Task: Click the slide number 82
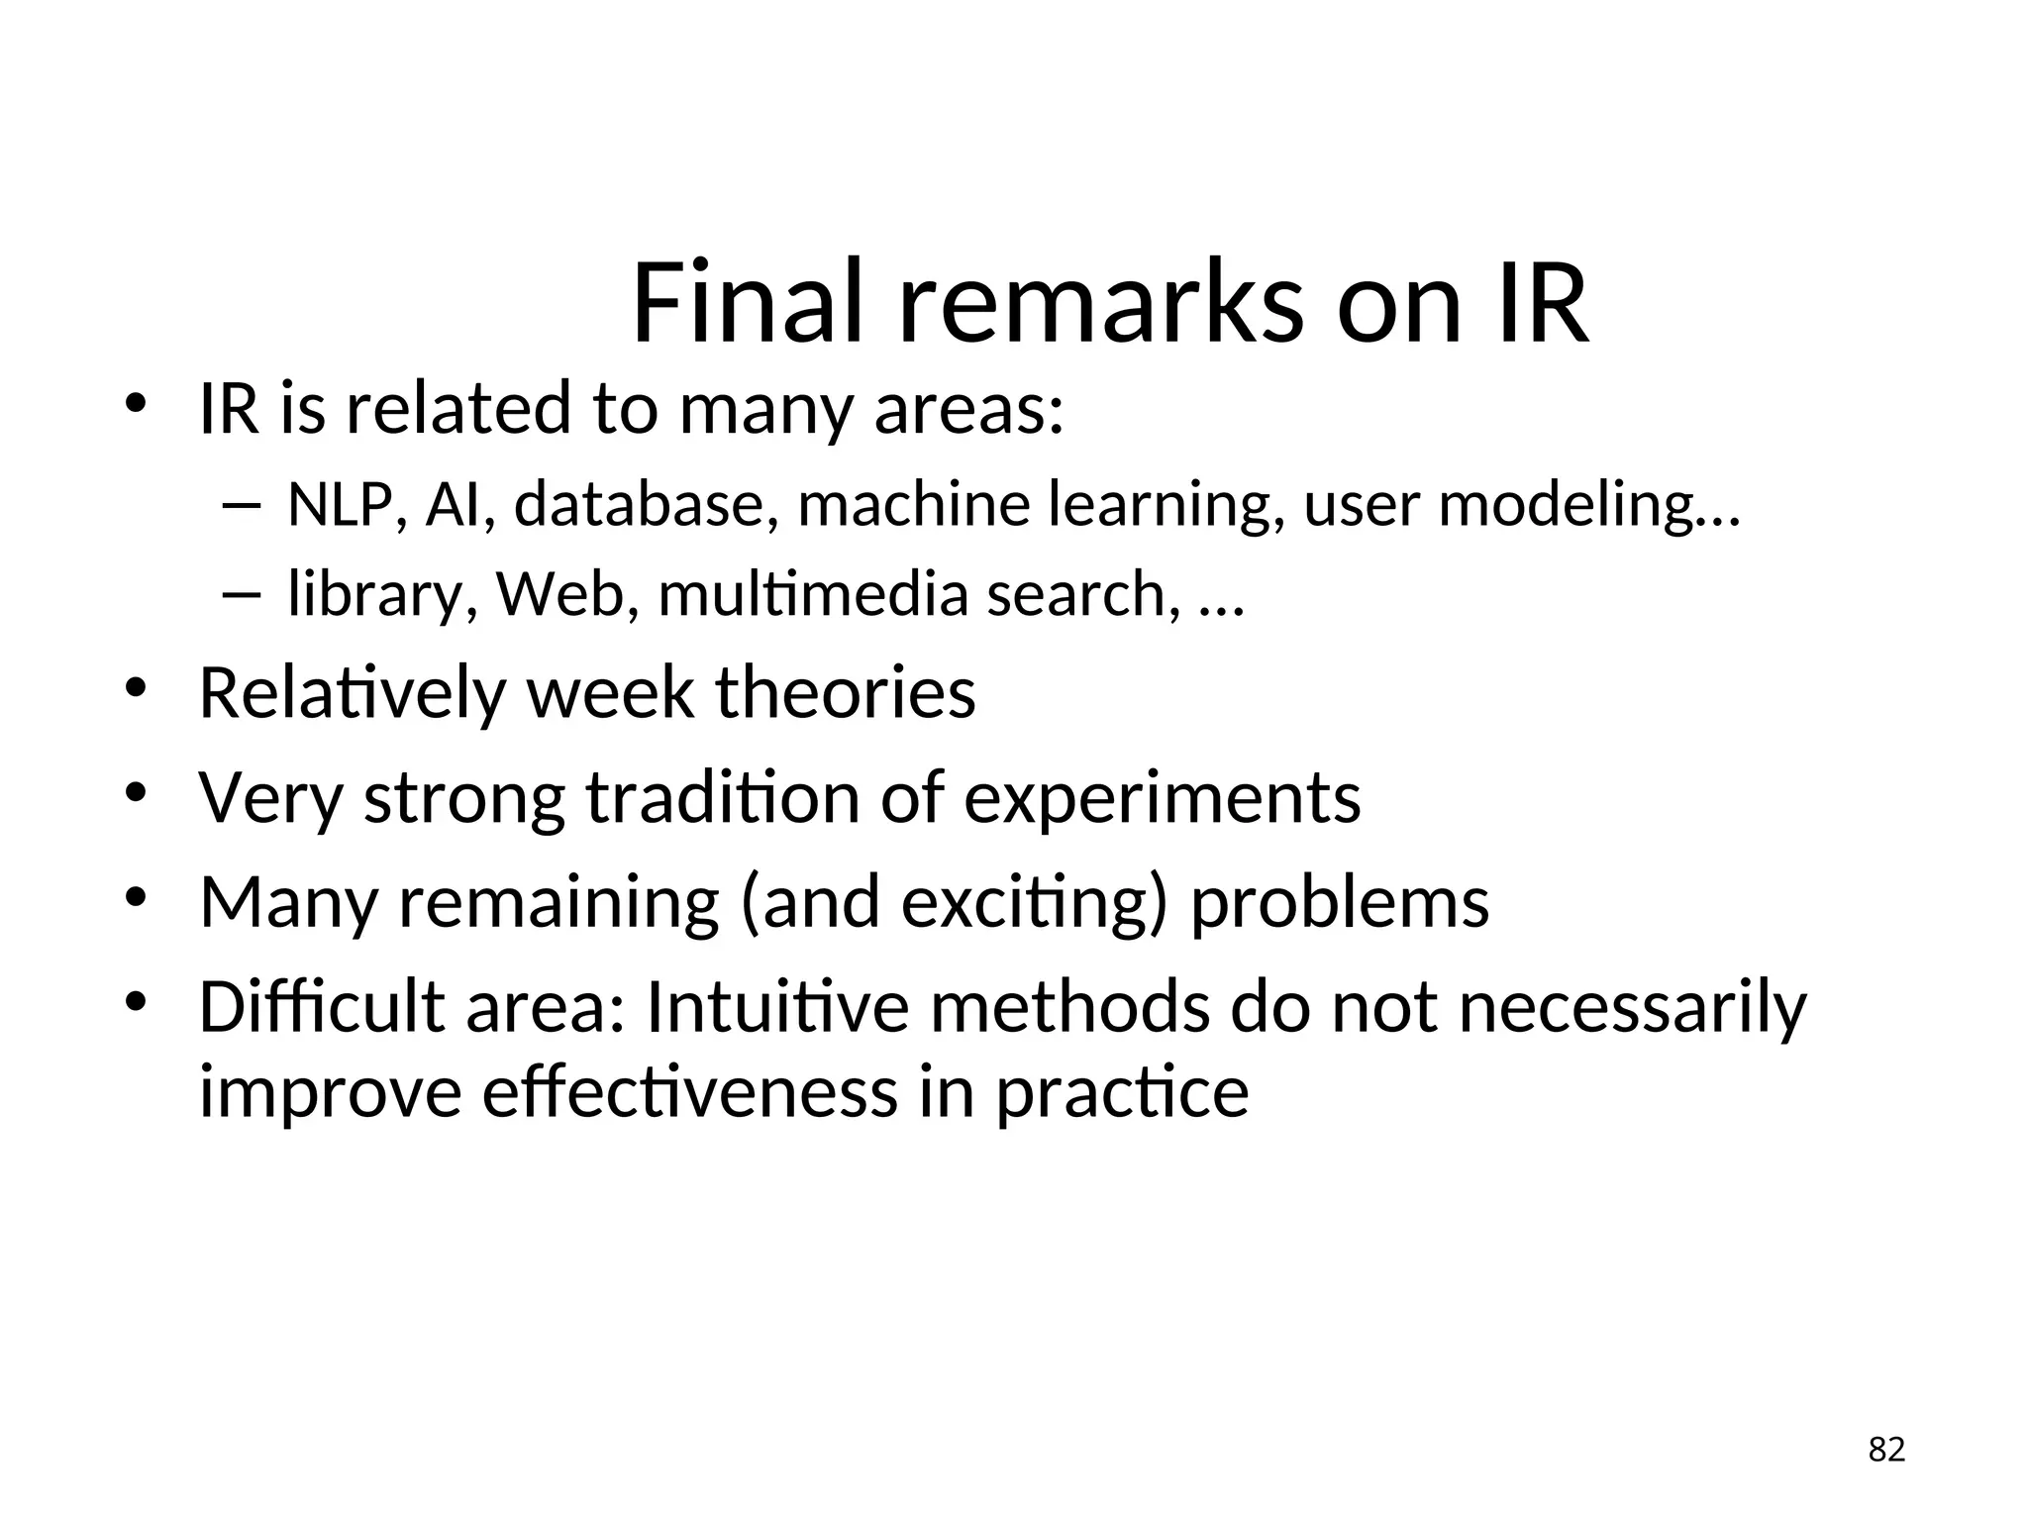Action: (1886, 1450)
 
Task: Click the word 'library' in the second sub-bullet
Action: (375, 594)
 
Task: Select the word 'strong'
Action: (464, 798)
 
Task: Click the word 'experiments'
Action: (1163, 798)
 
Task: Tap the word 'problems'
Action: (1339, 903)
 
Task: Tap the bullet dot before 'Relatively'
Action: (136, 689)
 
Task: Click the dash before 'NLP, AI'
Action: (241, 507)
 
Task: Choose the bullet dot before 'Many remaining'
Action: (136, 899)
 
